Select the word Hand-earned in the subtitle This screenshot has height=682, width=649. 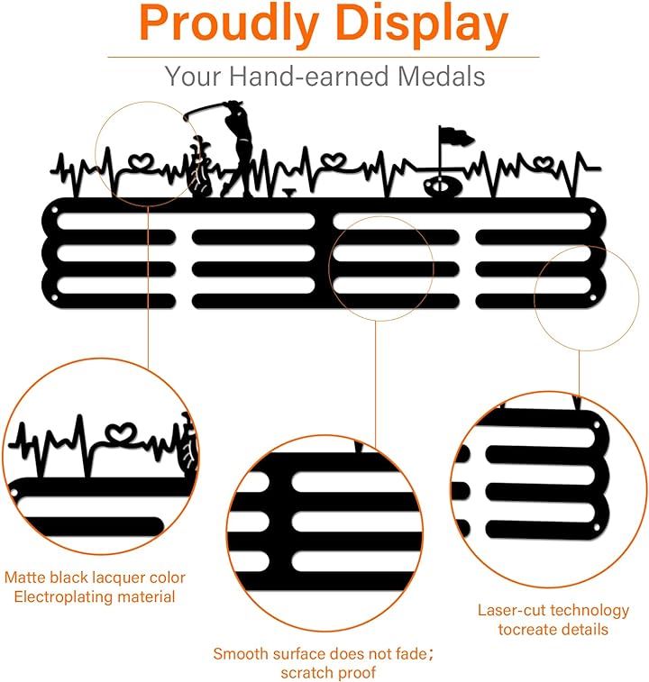click(308, 76)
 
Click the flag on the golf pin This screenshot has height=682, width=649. click(456, 136)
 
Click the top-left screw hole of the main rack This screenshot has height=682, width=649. click(54, 211)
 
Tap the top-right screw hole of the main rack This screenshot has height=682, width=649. click(593, 211)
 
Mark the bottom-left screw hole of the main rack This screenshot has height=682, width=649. click(54, 298)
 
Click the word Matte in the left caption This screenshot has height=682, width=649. click(25, 577)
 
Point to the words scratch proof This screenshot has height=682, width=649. click(328, 673)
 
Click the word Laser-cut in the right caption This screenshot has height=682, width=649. click(507, 610)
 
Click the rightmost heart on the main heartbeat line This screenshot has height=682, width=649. click(544, 163)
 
